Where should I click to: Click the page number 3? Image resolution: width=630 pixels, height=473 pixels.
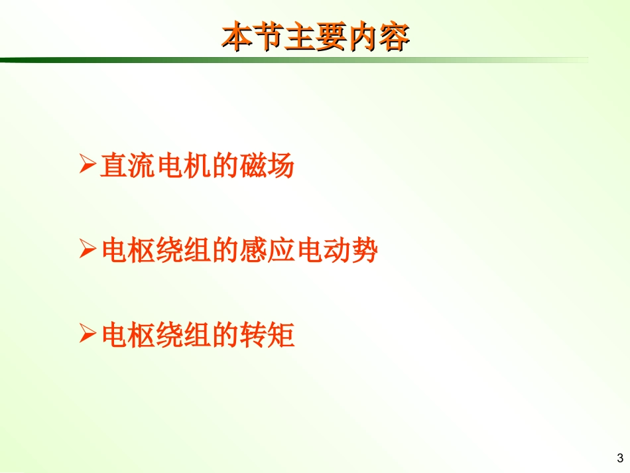pos(619,458)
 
